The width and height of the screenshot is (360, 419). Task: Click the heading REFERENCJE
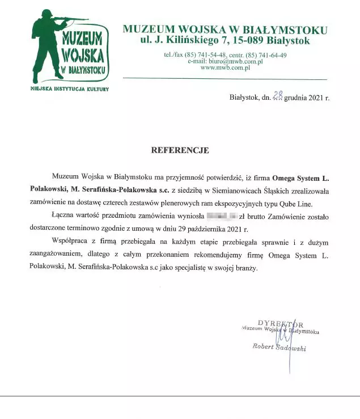click(x=180, y=151)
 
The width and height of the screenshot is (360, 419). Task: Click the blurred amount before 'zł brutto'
click(x=222, y=217)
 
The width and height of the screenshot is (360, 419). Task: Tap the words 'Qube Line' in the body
click(x=313, y=203)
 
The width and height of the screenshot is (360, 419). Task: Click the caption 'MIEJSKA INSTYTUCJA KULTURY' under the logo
click(x=69, y=89)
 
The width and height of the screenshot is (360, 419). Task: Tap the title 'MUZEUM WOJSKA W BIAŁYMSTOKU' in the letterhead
click(x=225, y=29)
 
